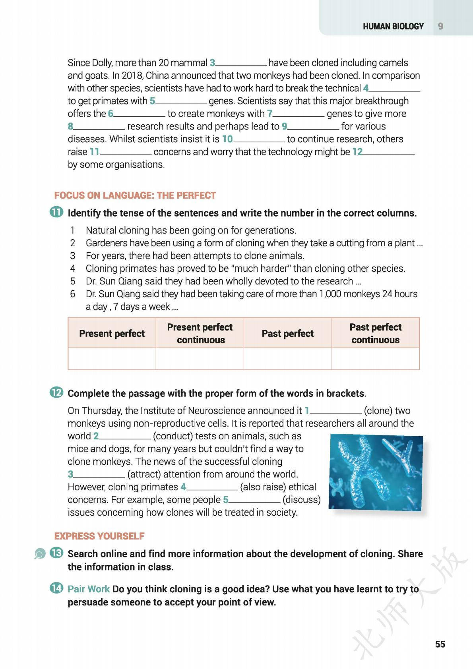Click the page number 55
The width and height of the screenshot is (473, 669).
[440, 644]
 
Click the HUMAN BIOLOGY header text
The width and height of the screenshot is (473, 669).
[393, 26]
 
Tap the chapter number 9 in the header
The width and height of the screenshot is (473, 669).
[440, 26]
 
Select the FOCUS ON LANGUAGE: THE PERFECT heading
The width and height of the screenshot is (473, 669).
[135, 195]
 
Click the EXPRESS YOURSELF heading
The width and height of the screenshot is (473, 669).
[99, 536]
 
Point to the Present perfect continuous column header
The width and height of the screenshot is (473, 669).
[200, 333]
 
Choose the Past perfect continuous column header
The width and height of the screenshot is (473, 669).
[375, 333]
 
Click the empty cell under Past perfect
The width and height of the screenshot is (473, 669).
[287, 359]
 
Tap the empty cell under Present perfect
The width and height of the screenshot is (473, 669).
[112, 359]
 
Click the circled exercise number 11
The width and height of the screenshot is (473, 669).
[56, 212]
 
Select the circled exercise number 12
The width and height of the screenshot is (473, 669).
[56, 393]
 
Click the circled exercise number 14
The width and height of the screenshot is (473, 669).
[56, 588]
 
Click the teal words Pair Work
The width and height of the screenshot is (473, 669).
[89, 589]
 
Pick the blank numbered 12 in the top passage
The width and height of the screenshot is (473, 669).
[388, 152]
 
